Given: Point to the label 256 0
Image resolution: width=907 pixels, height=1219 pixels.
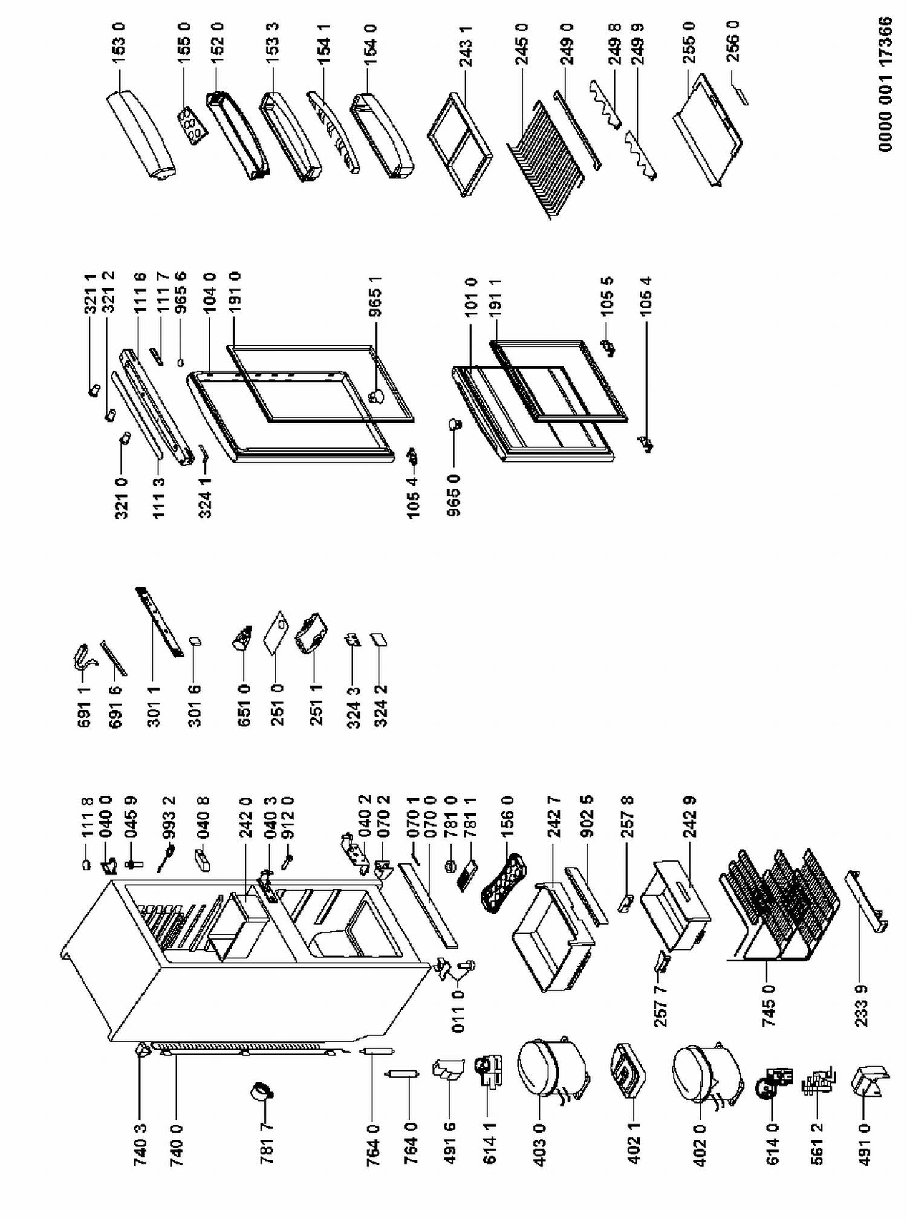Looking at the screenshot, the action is (733, 41).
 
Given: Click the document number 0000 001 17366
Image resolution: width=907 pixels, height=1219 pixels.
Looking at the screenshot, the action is (885, 84).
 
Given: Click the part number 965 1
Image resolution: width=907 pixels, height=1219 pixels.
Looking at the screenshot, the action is (375, 297).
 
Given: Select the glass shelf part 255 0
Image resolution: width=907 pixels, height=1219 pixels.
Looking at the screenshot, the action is (708, 131).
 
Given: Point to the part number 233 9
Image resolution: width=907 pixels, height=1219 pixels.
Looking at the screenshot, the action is (862, 1006).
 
